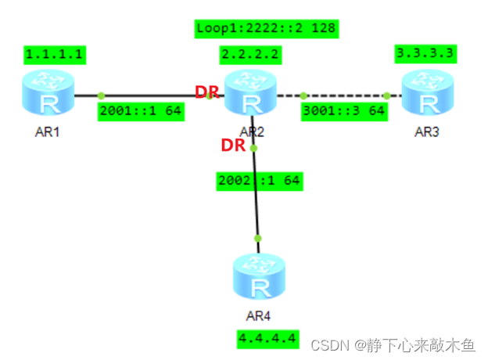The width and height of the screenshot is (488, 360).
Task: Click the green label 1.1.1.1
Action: tap(56, 55)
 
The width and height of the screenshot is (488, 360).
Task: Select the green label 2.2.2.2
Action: tap(251, 55)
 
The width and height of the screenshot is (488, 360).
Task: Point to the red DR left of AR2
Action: tap(207, 92)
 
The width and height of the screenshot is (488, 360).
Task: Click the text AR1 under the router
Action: tap(48, 131)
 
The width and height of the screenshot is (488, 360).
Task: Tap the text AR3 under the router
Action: tap(426, 131)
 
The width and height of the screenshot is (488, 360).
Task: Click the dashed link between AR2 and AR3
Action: tap(344, 95)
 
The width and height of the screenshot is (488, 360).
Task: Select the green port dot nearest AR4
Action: tap(258, 238)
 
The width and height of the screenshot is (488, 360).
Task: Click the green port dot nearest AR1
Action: tap(101, 95)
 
